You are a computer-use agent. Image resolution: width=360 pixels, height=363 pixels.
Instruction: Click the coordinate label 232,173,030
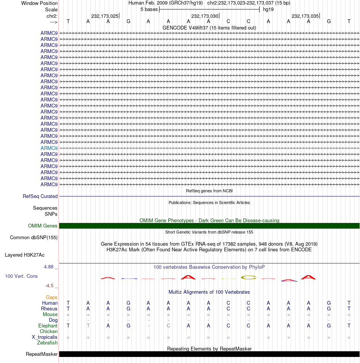[205, 16]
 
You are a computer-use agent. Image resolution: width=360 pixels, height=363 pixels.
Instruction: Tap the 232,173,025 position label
[105, 16]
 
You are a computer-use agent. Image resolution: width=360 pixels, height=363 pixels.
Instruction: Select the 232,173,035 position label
[305, 16]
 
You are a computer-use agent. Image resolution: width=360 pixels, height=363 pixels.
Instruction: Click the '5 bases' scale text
[149, 9]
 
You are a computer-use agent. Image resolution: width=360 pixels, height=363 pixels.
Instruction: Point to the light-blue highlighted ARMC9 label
[49, 148]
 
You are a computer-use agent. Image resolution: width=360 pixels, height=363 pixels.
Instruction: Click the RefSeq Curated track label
[40, 196]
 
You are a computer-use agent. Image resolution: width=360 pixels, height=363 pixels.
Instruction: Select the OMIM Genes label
[43, 226]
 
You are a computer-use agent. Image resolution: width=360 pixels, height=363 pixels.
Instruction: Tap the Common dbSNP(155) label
[34, 238]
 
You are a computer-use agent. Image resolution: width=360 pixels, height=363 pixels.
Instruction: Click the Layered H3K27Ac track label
[25, 255]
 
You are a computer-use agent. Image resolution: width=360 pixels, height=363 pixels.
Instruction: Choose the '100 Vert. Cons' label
[21, 276]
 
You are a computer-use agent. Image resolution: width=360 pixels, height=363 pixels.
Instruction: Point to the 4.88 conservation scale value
[49, 267]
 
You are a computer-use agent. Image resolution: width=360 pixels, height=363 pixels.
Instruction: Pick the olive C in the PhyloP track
[249, 277]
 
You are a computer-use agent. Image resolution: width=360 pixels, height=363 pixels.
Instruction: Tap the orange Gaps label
[52, 298]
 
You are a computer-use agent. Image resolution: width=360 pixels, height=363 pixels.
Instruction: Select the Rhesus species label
[50, 309]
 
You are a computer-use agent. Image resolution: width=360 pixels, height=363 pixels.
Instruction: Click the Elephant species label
[48, 326]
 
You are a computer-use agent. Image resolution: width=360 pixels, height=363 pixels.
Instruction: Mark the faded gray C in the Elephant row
[168, 326]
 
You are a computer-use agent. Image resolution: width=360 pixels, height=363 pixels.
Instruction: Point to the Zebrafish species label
[47, 343]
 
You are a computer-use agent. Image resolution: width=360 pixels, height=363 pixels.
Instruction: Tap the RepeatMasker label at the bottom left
[42, 354]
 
